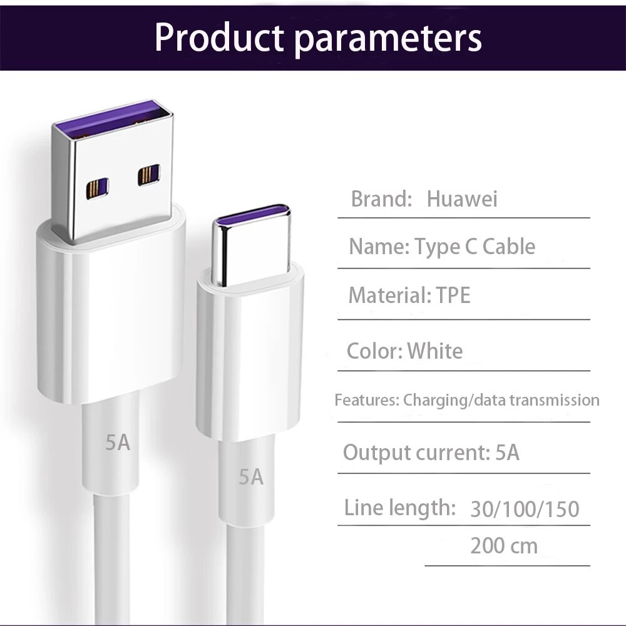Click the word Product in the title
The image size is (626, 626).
click(x=218, y=38)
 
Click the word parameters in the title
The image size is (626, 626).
click(x=388, y=40)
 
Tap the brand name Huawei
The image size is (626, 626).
click(x=462, y=199)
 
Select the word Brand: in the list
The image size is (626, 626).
click(x=381, y=199)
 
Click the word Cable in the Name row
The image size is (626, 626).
click(x=508, y=246)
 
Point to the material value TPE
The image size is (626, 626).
click(x=453, y=295)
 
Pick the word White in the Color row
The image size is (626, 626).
click(x=435, y=351)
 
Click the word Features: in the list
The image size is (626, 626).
click(x=366, y=400)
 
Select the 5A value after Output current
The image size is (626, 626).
click(x=507, y=453)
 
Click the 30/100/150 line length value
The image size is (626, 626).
click(x=525, y=509)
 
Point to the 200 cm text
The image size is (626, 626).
click(x=504, y=546)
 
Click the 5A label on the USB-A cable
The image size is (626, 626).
click(x=118, y=443)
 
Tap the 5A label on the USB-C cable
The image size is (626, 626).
click(x=251, y=476)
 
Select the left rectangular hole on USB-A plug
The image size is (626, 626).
click(x=98, y=188)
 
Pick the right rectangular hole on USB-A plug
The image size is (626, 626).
click(x=148, y=175)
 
